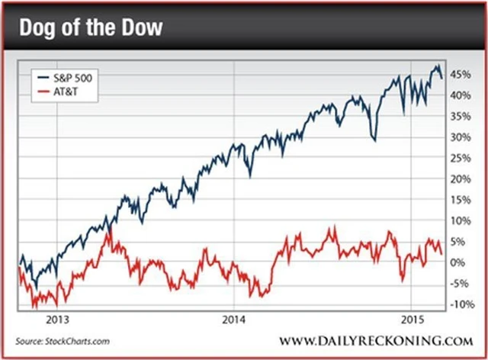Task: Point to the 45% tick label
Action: [459, 75]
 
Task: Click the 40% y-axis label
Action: [459, 95]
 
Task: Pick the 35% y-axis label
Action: [459, 117]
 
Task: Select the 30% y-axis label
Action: [459, 137]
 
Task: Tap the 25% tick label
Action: [459, 158]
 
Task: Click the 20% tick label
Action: [459, 179]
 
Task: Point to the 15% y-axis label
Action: [459, 200]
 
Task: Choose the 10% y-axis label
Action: [459, 220]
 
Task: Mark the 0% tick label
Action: [457, 262]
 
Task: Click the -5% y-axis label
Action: [458, 284]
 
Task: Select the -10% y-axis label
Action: [460, 304]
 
